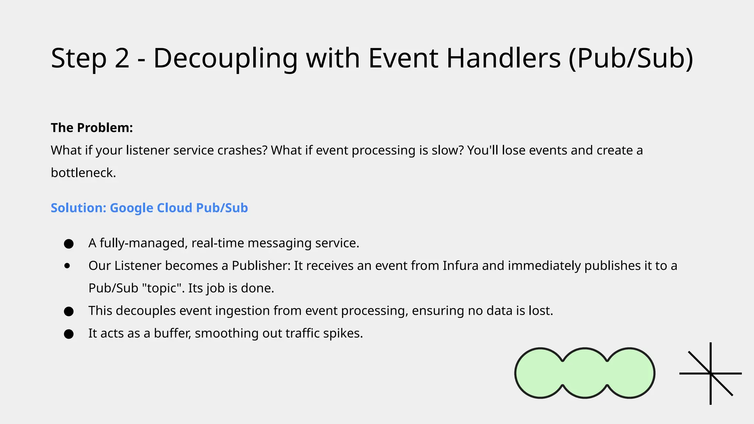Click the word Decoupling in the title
coord(225,59)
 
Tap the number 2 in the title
coord(122,59)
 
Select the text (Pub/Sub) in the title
coord(631,59)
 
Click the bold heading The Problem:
coord(92,128)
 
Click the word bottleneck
coord(83,173)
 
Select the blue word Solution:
coord(78,208)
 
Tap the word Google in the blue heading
coord(131,208)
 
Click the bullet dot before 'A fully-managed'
coord(69,244)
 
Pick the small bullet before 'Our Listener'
coord(67,266)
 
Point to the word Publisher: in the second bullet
coord(261,266)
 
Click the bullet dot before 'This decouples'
coord(69,311)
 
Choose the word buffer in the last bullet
coord(172,333)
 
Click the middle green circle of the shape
coord(585,373)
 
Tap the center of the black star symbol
coord(710,374)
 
